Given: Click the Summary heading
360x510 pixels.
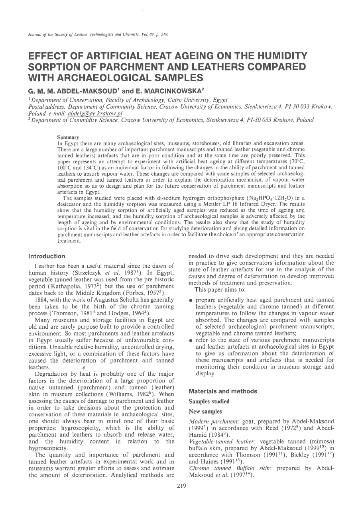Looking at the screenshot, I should coord(68,137).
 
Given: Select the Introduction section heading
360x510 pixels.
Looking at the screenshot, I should coord(47,256).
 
